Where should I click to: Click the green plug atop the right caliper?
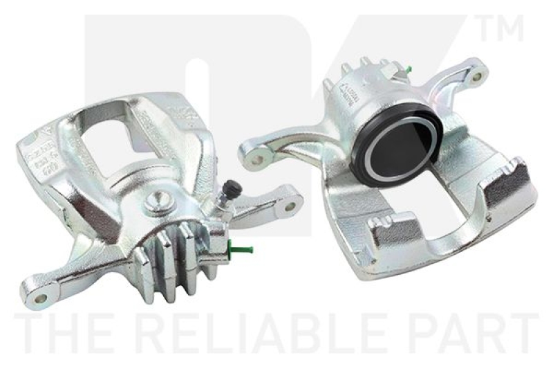point(409,69)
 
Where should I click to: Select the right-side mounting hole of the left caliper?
point(290,205)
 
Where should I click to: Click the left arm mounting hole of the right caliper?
point(257,159)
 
